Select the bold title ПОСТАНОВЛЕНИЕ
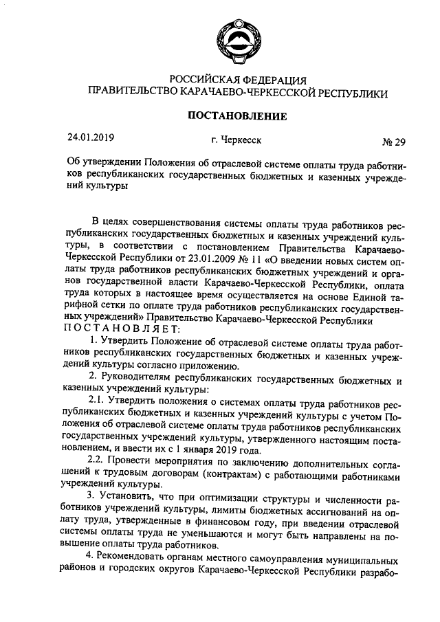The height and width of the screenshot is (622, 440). [237, 115]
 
